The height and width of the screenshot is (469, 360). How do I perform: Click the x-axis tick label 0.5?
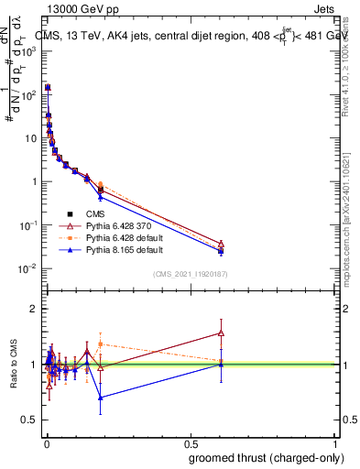point(191,443)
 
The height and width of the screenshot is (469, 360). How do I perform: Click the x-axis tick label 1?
point(337,443)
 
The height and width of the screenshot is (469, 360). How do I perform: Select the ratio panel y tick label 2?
point(33,310)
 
